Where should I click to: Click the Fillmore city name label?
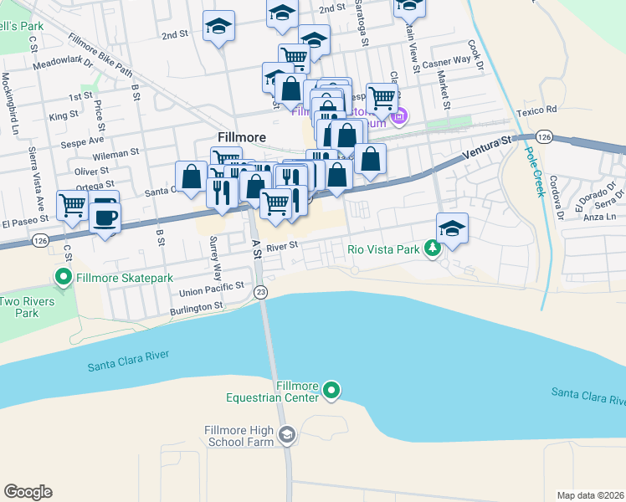tap(241, 136)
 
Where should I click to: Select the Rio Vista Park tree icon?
tap(432, 248)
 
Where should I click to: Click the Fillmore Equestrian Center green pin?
tap(331, 390)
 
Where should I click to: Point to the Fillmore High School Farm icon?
tap(287, 434)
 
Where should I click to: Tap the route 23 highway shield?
tap(261, 291)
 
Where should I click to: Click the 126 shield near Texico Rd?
tap(544, 136)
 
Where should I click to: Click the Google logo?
tap(28, 492)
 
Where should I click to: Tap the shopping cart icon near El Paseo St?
tap(72, 203)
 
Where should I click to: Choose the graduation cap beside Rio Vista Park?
tap(452, 228)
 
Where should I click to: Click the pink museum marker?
tap(399, 116)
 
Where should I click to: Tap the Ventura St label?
tap(485, 151)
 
